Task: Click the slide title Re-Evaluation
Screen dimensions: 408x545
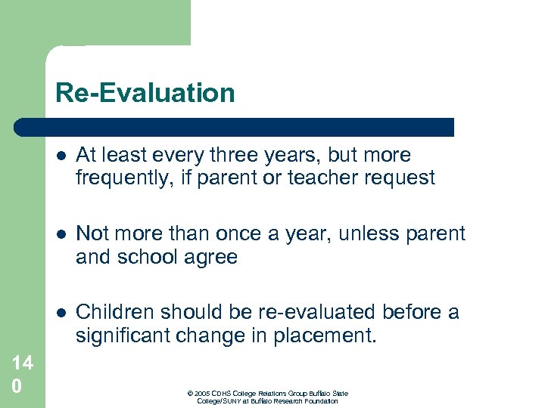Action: [x=145, y=93]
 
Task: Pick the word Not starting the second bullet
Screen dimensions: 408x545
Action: [x=92, y=234]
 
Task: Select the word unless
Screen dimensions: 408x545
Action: [x=368, y=234]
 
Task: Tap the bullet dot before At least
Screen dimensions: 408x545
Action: [x=61, y=156]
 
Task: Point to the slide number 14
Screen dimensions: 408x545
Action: [x=22, y=363]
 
